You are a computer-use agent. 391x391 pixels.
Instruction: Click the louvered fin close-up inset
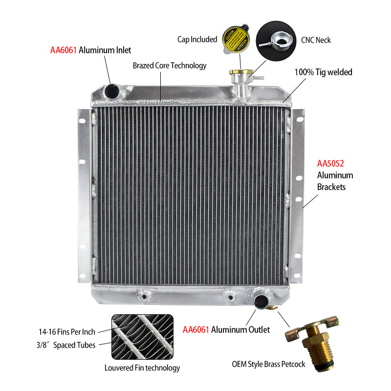coord(142,337)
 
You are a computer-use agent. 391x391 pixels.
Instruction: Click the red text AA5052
coord(331,163)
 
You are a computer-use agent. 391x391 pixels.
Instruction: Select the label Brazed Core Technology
coord(170,65)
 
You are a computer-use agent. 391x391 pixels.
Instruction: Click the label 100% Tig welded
coord(323,72)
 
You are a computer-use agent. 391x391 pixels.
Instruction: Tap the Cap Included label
coord(197,39)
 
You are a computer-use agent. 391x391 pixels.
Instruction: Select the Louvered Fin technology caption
coord(142,368)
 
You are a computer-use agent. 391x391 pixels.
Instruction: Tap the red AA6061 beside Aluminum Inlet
coord(63,50)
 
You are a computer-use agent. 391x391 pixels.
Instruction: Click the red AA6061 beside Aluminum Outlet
coord(195,330)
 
